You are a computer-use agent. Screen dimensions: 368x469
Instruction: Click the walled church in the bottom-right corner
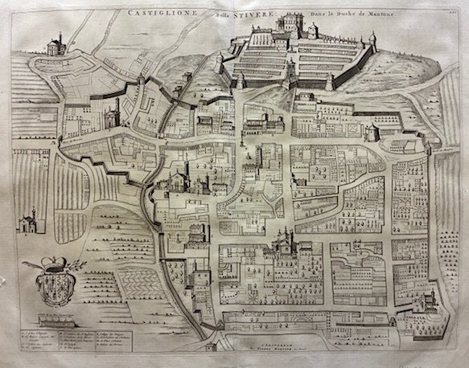pyautogui.click(x=426, y=304)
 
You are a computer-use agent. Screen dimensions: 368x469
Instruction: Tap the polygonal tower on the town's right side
pyautogui.click(x=371, y=132)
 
